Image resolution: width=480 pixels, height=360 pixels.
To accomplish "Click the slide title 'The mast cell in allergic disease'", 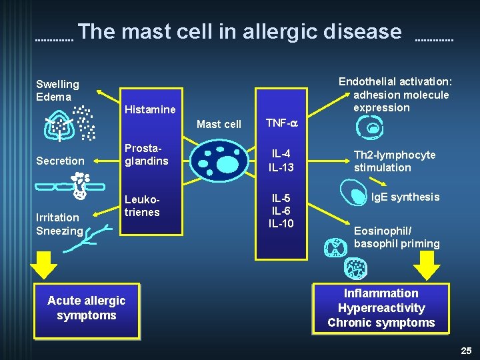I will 243,32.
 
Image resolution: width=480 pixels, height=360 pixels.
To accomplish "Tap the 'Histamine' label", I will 151,109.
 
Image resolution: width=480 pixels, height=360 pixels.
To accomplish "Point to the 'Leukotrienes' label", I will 143,206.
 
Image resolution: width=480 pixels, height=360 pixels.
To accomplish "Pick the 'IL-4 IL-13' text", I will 281,161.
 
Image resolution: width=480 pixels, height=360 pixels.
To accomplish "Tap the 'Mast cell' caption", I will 219,124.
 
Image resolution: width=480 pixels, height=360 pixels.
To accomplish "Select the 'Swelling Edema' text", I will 57,90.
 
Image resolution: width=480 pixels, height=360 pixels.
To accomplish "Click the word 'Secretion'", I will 60,161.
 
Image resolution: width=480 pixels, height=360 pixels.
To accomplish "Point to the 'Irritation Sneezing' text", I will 59,224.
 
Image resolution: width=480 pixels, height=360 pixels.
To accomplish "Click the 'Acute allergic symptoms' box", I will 87,309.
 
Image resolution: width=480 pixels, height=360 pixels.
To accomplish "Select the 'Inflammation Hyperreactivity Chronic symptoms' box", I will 381,308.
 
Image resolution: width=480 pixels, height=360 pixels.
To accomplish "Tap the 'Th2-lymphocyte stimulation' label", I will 395,161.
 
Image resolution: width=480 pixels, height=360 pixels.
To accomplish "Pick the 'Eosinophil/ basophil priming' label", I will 397,237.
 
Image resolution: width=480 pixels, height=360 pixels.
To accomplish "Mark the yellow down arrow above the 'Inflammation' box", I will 427,265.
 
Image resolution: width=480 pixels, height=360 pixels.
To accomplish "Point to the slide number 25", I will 466,351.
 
